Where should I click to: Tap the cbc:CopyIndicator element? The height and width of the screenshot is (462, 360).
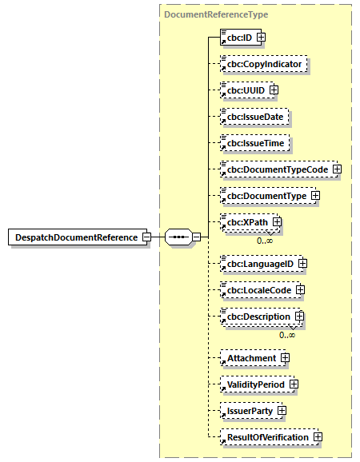(x=264, y=63)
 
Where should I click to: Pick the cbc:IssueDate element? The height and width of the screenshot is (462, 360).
(x=254, y=116)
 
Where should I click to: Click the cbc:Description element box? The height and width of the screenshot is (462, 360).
(x=256, y=317)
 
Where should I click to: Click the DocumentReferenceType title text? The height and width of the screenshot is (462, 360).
(x=216, y=14)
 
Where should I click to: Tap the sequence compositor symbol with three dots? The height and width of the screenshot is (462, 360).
(x=178, y=237)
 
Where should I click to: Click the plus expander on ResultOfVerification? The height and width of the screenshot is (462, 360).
(x=318, y=437)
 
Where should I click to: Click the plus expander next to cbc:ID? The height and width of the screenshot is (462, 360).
(x=261, y=37)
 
